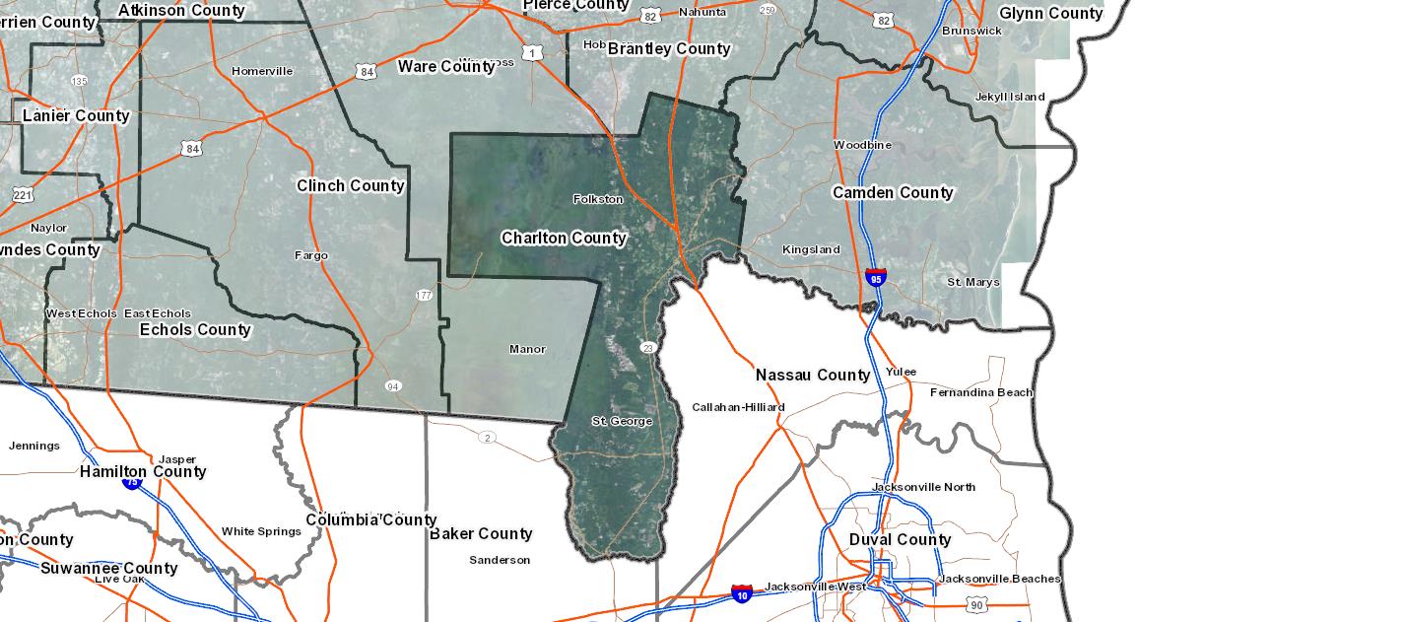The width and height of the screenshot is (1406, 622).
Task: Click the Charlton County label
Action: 563,238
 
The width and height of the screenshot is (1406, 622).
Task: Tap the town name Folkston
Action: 598,199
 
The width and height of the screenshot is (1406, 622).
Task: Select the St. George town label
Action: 622,421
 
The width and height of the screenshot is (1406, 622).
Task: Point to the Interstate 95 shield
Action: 875,277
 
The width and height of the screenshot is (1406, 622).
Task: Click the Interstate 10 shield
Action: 742,593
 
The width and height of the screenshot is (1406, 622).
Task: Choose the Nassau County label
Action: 813,375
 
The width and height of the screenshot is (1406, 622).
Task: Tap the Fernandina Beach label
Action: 981,392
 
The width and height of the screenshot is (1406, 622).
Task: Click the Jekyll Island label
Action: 1009,97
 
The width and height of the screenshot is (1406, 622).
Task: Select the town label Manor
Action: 527,349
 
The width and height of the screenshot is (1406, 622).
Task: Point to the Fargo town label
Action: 311,255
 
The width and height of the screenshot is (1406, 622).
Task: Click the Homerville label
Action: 262,71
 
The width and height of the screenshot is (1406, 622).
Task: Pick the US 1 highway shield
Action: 533,53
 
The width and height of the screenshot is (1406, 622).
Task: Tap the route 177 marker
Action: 424,295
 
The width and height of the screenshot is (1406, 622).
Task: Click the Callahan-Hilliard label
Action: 738,407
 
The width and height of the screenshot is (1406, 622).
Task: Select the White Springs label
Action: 261,531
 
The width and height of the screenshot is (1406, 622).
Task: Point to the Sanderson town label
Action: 500,560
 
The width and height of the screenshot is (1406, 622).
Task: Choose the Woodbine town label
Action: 862,145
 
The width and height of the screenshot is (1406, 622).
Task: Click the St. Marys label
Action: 973,282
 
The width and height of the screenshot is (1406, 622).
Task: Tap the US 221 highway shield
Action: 22,195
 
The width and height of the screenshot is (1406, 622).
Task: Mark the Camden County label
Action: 893,192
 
